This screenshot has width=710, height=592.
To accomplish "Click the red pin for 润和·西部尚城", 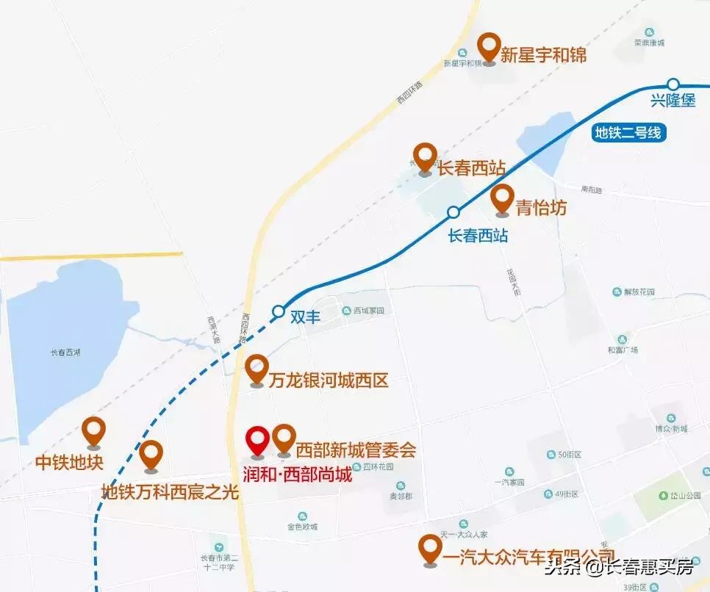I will pos(257,441).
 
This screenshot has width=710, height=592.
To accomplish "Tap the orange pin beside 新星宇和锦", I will pos(490,47).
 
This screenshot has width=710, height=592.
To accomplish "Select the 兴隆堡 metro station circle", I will pos(673,84).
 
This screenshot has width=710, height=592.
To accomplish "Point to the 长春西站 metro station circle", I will pos(453,212).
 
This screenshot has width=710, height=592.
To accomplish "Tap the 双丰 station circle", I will pos(278,311).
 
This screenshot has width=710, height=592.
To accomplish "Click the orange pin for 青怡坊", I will pos(502,198).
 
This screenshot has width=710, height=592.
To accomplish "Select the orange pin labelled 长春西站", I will pos(424,157).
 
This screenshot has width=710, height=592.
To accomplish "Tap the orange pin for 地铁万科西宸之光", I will pos(151,455).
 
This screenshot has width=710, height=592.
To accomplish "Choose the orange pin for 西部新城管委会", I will pos(284,438).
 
